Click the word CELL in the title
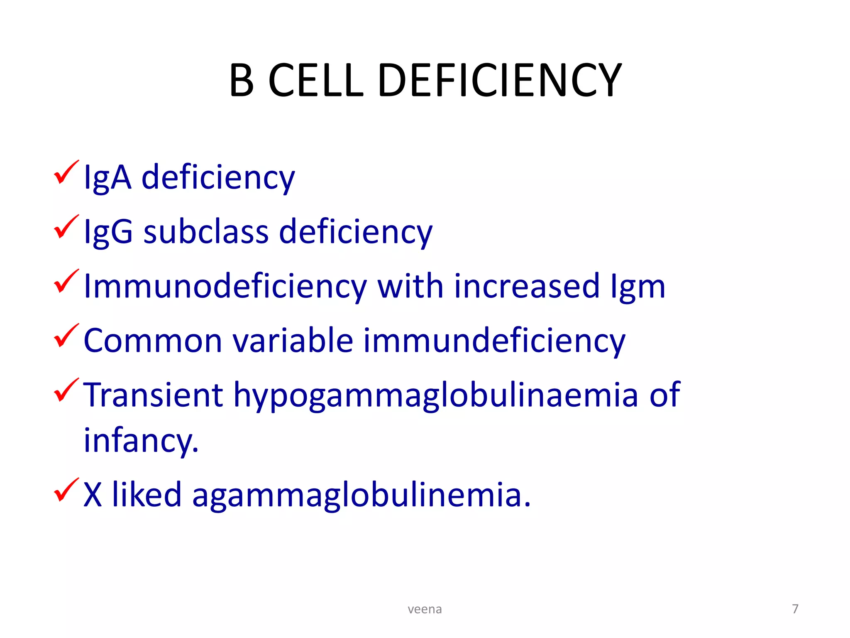316,80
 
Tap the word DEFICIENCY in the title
500,80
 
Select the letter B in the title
242,80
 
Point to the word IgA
107,178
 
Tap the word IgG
108,232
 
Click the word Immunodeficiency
225,287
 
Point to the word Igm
638,287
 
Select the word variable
293,340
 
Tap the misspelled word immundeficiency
494,341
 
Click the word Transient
153,395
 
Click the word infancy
141,440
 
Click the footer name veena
425,609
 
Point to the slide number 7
795,609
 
